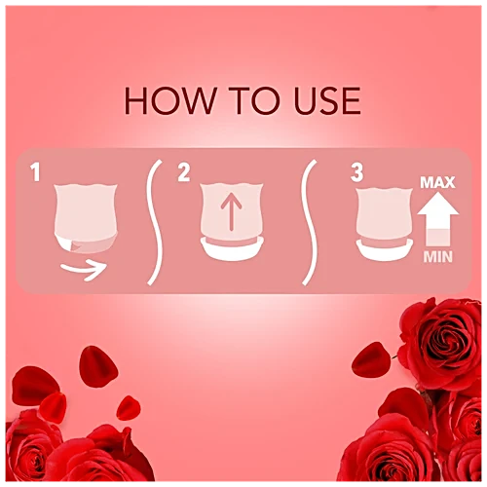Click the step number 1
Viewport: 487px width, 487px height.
click(36, 174)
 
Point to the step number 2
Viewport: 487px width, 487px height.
click(183, 174)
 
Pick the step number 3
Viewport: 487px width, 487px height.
click(356, 174)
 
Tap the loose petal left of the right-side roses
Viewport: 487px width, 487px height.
click(371, 359)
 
